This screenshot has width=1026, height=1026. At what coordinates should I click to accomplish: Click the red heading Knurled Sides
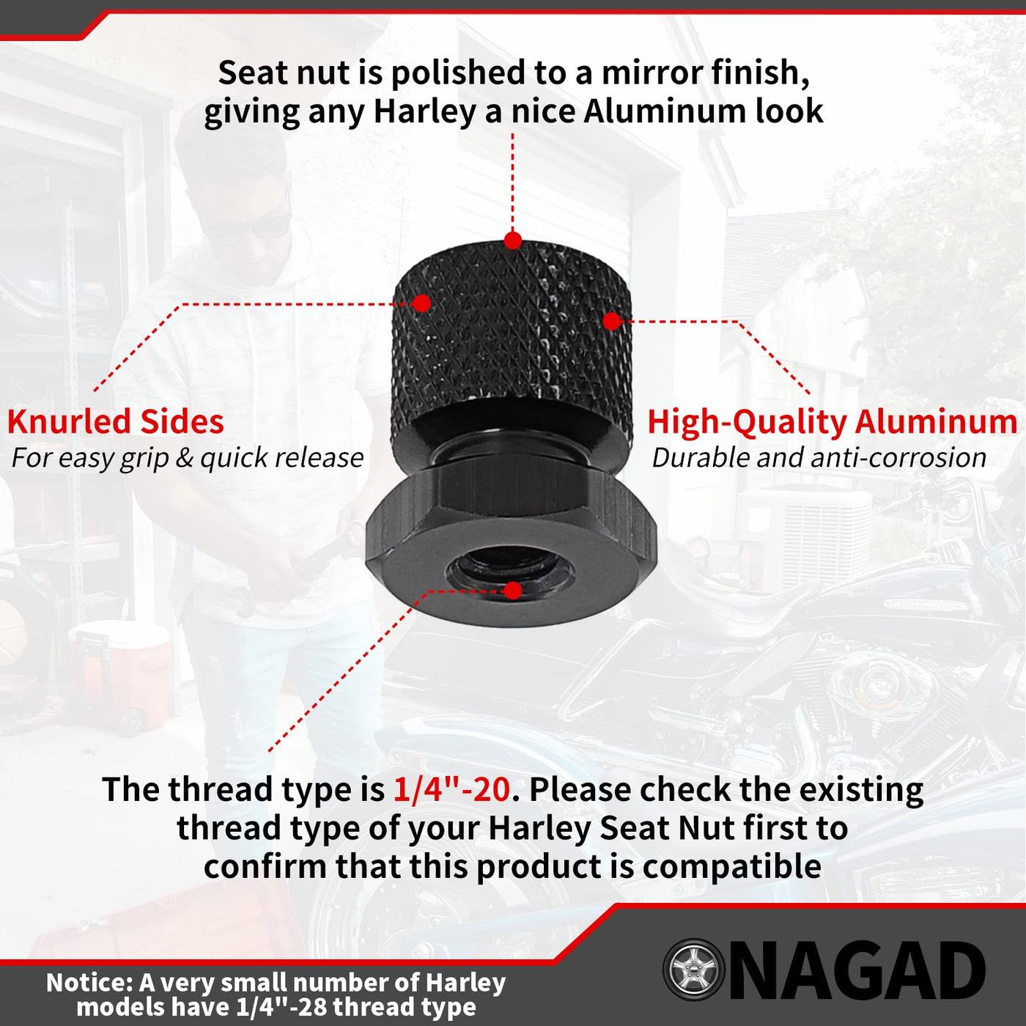(x=116, y=421)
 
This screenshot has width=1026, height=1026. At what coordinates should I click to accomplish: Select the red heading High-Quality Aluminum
(x=833, y=423)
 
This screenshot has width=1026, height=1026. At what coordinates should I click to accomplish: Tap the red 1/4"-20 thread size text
(x=451, y=789)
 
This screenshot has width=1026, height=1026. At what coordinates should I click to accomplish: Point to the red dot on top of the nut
(x=513, y=240)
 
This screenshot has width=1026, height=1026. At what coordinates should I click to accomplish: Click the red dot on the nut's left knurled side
(x=421, y=303)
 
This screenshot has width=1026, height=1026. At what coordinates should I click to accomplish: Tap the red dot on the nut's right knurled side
(x=612, y=321)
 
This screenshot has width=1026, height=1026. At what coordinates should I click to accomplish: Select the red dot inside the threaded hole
(x=513, y=591)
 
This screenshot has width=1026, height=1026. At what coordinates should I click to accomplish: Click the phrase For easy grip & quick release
(x=188, y=459)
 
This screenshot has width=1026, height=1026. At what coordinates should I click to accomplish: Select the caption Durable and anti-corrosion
(x=819, y=458)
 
